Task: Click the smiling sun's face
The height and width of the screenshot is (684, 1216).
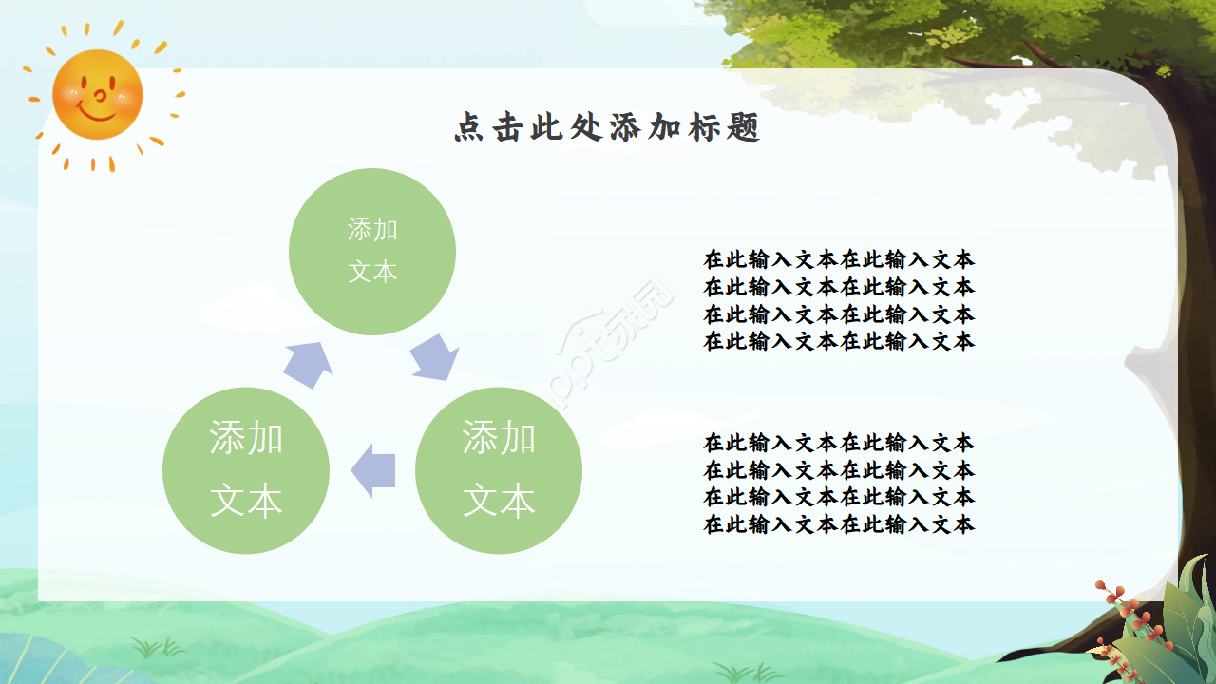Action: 97,94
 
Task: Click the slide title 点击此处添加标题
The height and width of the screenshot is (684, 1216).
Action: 607,128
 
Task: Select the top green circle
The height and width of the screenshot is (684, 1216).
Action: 372,252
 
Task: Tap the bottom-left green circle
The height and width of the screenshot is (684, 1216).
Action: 246,470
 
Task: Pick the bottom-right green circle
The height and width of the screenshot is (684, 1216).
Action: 499,470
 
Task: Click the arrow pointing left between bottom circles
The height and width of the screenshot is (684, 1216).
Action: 373,470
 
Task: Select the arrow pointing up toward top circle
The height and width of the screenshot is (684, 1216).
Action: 309,364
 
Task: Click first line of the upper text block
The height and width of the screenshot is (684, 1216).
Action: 839,259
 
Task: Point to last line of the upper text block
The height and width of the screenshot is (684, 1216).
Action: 839,341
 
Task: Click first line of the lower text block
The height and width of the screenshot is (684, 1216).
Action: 839,443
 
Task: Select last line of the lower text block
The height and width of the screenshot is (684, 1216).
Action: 839,524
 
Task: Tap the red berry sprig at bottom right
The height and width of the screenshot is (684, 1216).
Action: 1121,617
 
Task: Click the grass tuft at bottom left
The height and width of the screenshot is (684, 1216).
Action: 158,649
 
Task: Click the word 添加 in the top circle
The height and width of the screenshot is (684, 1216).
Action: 372,230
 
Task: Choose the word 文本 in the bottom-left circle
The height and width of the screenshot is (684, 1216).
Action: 246,501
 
